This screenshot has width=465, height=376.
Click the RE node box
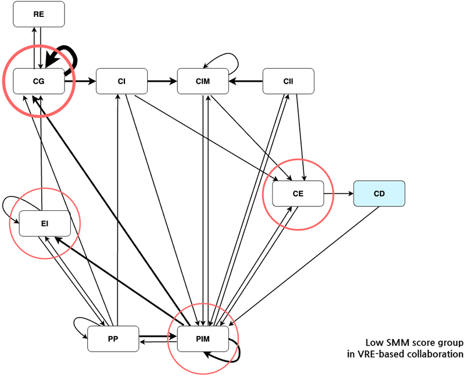pos(39,14)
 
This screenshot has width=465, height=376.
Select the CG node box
pos(39,81)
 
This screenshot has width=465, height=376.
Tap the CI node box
pos(121,81)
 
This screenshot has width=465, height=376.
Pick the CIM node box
pos(203,81)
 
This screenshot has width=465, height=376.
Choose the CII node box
pos(288,81)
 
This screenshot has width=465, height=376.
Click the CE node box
pos(298,194)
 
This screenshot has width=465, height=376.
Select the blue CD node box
pos(380,194)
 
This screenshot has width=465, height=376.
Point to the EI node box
pos(45,223)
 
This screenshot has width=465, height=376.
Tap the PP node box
pos(113,339)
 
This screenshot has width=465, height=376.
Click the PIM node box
pos(203,339)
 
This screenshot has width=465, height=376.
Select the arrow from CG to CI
pos(80,81)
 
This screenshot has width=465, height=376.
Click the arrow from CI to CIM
pos(162,81)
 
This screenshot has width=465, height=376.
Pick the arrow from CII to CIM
pos(245,81)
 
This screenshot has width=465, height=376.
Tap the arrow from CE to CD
pos(339,194)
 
